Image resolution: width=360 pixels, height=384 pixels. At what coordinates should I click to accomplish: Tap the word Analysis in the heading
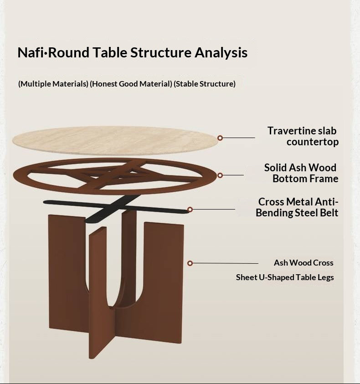click(221, 53)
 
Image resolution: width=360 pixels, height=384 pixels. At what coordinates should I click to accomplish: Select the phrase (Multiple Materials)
click(53, 84)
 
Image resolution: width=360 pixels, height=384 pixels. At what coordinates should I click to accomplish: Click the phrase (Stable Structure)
click(205, 84)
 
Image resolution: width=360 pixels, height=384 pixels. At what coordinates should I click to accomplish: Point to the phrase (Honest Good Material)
click(131, 84)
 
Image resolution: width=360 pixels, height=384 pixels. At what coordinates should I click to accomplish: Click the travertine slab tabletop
click(114, 140)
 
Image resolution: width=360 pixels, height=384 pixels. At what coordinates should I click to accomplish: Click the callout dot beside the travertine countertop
click(220, 138)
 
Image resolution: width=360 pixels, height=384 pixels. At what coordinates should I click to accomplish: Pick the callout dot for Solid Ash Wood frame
click(220, 175)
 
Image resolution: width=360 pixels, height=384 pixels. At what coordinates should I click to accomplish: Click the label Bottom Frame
click(305, 179)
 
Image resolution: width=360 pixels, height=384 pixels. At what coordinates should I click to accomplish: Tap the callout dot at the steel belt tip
click(190, 210)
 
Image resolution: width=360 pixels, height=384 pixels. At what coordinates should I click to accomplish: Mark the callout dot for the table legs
click(190, 263)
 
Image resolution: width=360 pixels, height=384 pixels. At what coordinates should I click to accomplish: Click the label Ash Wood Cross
click(303, 263)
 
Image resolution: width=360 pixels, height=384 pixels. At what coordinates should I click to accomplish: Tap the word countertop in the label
click(313, 142)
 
